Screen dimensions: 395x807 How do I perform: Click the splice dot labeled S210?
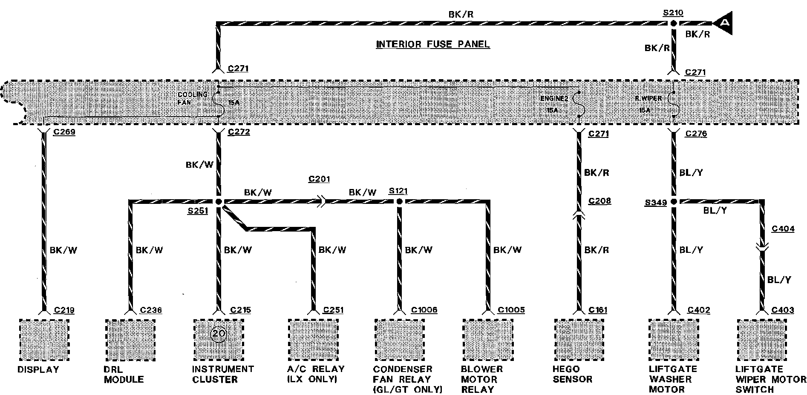coord(674,23)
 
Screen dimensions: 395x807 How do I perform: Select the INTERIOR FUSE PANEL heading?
coord(432,44)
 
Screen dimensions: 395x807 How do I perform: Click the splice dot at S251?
coord(219,202)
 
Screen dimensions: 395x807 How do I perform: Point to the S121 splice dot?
coord(399,202)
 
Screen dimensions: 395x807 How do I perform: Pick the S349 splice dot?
coord(674,202)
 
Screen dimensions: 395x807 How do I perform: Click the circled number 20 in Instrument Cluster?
coord(218,333)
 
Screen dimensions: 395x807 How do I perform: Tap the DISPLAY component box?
coord(44,339)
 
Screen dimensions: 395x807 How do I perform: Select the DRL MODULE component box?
coord(130,339)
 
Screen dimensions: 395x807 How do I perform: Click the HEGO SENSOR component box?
coord(579,339)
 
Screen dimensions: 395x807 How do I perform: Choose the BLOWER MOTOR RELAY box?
coord(487,339)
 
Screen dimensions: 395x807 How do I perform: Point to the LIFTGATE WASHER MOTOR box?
coord(674,339)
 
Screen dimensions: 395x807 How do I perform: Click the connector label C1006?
coord(424,310)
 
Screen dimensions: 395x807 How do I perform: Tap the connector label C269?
coord(64,132)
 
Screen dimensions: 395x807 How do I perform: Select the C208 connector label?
coord(599,201)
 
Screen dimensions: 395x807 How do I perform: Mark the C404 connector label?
coord(783,229)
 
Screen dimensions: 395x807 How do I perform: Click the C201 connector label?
coord(319,179)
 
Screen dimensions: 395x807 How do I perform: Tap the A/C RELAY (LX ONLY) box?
coord(313,339)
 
